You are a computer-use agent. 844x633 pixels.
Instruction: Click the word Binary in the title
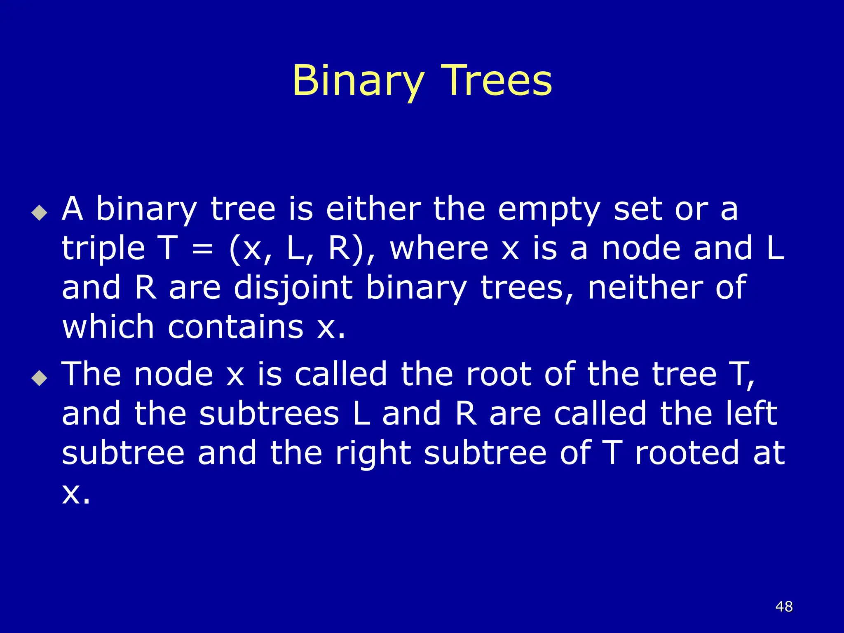click(358, 81)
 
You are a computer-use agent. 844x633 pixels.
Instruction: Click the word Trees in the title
click(496, 81)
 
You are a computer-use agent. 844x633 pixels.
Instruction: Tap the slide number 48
click(784, 607)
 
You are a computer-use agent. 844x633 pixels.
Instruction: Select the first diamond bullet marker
click(40, 213)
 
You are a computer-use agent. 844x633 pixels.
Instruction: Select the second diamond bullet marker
click(40, 377)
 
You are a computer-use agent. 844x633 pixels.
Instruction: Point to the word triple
click(103, 250)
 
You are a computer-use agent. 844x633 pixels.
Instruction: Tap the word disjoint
click(293, 288)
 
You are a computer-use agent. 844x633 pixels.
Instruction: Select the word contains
click(236, 327)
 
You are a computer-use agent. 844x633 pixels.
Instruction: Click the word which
click(108, 327)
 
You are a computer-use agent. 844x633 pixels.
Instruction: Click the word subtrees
click(269, 414)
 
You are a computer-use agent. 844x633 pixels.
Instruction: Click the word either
click(373, 209)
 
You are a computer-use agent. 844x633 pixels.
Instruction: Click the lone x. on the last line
click(76, 493)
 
